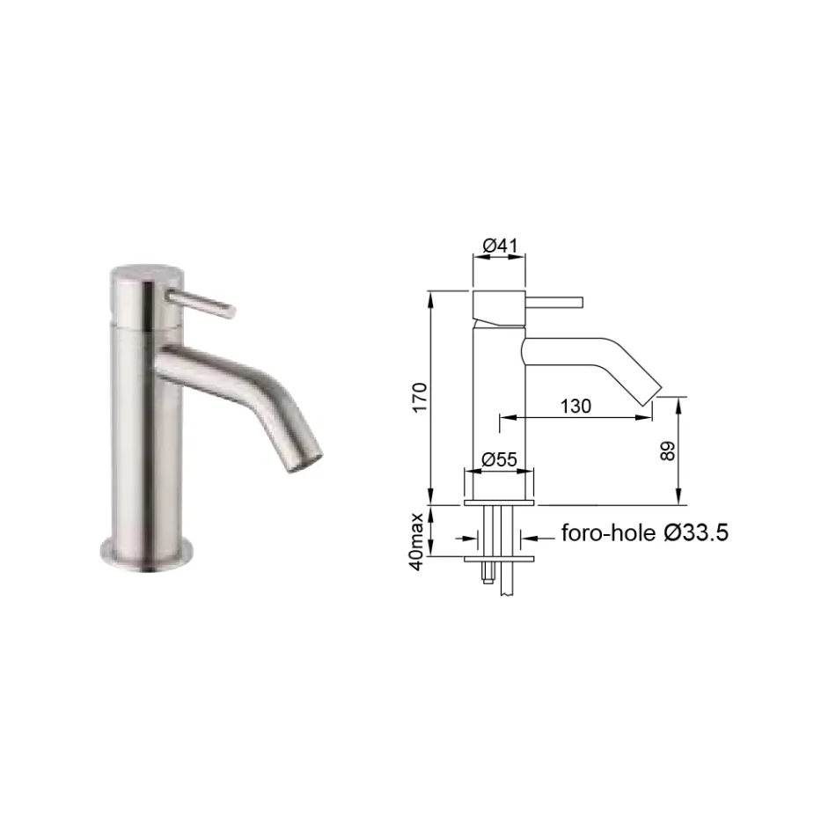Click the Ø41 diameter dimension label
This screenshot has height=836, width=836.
coord(499,247)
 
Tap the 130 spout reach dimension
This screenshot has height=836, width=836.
coord(575,406)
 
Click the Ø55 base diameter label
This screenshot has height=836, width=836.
coord(499,458)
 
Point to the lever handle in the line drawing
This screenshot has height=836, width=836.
coord(554,303)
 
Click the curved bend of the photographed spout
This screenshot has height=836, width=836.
coord(264,379)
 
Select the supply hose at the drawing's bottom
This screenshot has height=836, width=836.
coord(508,581)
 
